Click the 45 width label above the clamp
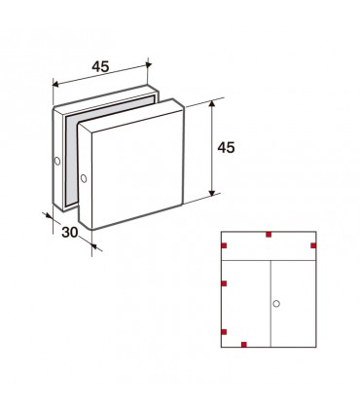coord(100,66)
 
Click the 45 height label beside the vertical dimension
coord(226,148)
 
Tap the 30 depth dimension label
coord(70,232)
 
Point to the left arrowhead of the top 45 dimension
coord(55,85)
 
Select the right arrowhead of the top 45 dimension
coord(149,65)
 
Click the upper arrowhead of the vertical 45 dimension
coord(212,103)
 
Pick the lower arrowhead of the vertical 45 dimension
coord(212,193)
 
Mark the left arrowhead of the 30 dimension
coord(50,215)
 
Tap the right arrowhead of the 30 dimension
coord(94,246)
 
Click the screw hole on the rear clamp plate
coord(57,161)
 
